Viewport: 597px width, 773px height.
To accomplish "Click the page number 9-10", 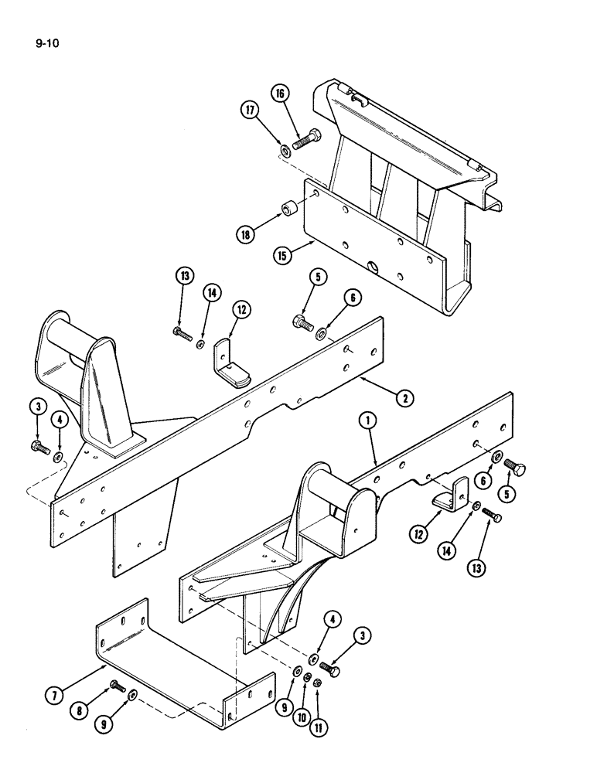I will pos(47,43).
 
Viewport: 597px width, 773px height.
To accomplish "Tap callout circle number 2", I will pos(403,398).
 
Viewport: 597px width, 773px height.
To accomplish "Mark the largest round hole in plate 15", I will pos(375,268).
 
